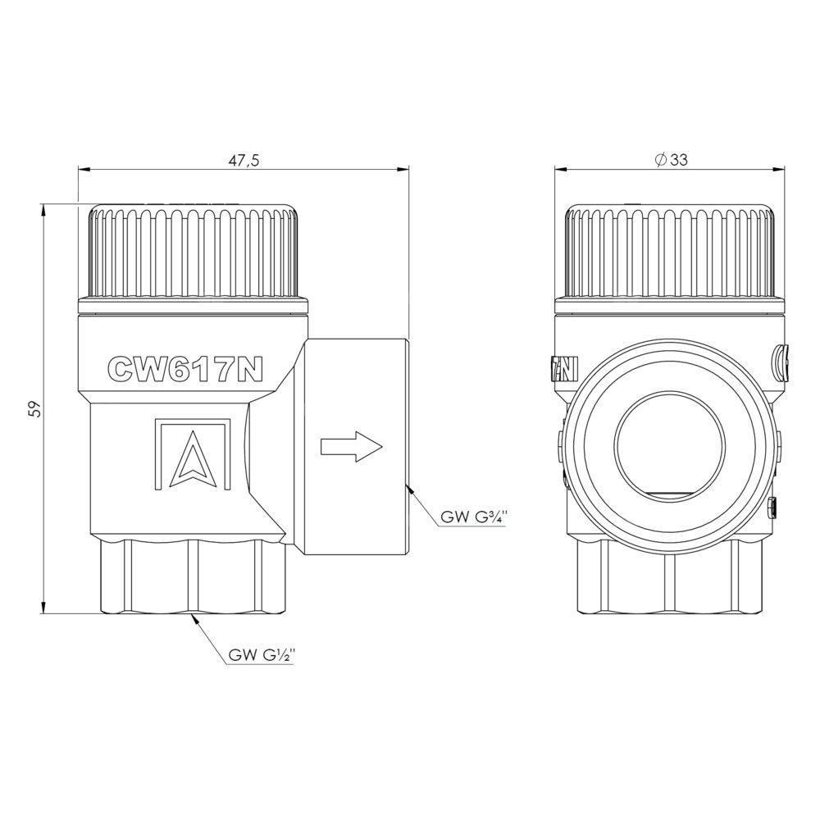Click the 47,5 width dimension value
[x=244, y=160]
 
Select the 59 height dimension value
[x=35, y=408]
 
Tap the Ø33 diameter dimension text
[x=672, y=160]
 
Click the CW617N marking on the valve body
[x=184, y=369]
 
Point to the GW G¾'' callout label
[x=474, y=517]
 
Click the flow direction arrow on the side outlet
[x=352, y=447]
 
